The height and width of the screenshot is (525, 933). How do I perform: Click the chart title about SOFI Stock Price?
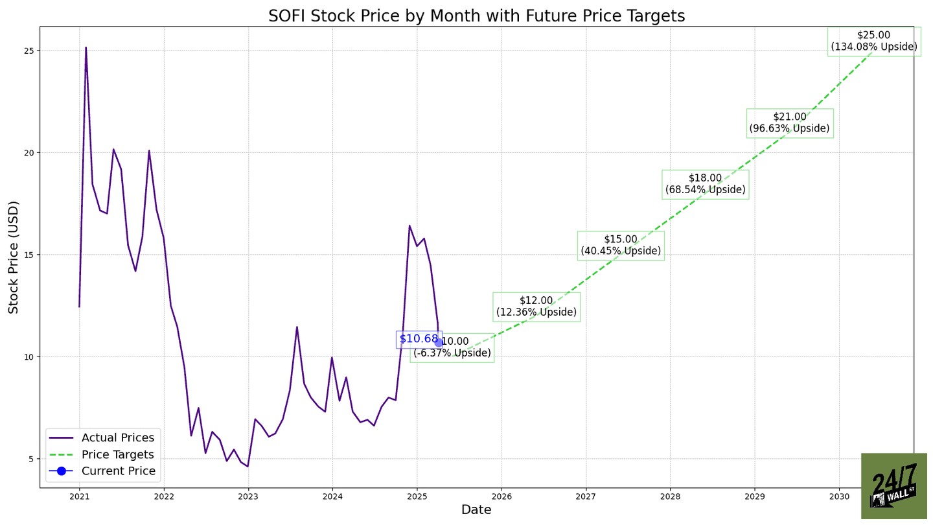(x=476, y=16)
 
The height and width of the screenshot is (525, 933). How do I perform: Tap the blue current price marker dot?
(x=439, y=343)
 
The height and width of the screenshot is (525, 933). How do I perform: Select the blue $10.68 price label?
(x=419, y=339)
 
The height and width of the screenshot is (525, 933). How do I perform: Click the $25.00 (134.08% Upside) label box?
(x=874, y=41)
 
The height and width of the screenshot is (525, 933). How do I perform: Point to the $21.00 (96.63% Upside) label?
(x=790, y=123)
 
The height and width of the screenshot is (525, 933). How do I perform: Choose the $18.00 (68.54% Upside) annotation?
(x=705, y=185)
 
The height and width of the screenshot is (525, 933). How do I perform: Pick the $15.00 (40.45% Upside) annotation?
(x=621, y=246)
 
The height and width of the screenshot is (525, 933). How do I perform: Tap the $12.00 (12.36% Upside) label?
(x=536, y=307)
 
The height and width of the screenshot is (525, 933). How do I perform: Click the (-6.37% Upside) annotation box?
(x=452, y=348)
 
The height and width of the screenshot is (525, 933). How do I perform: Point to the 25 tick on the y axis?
(x=30, y=51)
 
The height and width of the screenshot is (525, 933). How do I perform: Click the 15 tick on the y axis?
(x=30, y=255)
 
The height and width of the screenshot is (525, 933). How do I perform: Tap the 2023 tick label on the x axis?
(x=248, y=497)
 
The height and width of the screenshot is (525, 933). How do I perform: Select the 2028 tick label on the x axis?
(x=670, y=497)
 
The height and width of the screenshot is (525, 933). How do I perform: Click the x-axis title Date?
(x=476, y=511)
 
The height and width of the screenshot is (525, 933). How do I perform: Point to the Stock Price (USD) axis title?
(x=14, y=257)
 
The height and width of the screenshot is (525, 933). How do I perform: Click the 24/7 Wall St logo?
(x=894, y=486)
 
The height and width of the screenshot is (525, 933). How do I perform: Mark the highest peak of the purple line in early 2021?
(x=86, y=47)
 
